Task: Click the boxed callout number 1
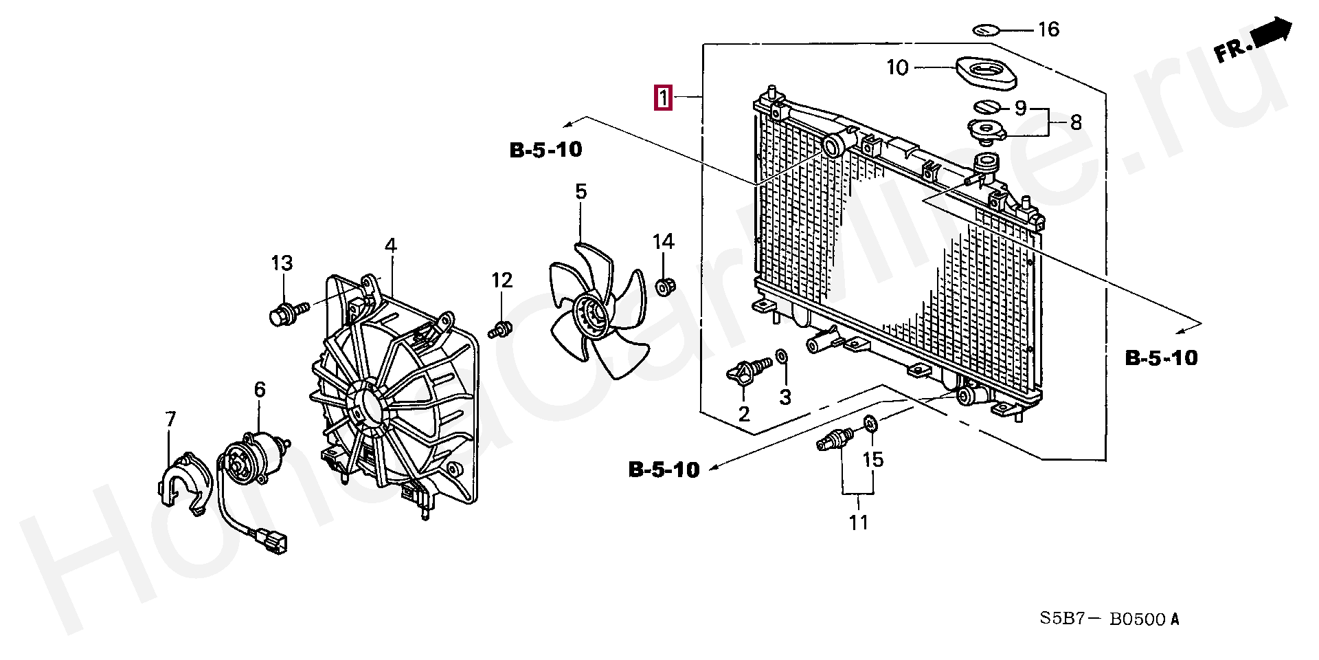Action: [662, 98]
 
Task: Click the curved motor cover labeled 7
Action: [183, 482]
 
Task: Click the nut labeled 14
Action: [664, 286]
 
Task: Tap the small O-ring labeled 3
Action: [782, 355]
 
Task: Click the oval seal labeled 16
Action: [987, 30]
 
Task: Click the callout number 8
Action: [1075, 122]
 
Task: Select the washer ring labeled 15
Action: [870, 423]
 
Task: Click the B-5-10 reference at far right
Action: [1161, 357]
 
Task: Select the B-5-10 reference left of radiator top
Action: [546, 150]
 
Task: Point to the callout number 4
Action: [390, 245]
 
